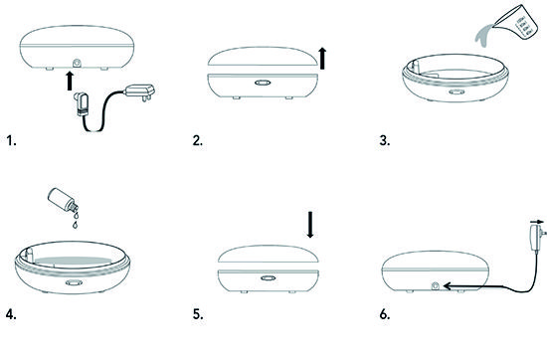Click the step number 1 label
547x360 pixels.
pos(11,141)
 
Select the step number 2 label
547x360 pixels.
pos(198,141)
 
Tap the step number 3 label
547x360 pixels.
pos(385,141)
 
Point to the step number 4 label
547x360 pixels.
pos(11,314)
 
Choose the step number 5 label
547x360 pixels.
pos(198,314)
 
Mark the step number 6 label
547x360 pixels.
pos(385,314)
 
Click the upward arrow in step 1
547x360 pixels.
pos(71,81)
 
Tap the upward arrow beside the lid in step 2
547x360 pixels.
pos(322,58)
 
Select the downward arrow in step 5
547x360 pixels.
pos(310,225)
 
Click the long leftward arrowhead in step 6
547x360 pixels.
pos(448,286)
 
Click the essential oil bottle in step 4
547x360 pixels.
pos(62,200)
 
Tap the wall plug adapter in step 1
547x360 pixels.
pos(139,92)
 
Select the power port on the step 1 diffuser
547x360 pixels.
pos(77,64)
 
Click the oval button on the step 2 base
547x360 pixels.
pos(263,83)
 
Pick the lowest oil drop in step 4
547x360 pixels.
pos(75,225)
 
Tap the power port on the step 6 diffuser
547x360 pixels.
pos(436,286)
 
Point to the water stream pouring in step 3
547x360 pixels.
pos(484,36)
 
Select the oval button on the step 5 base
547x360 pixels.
pos(268,278)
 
